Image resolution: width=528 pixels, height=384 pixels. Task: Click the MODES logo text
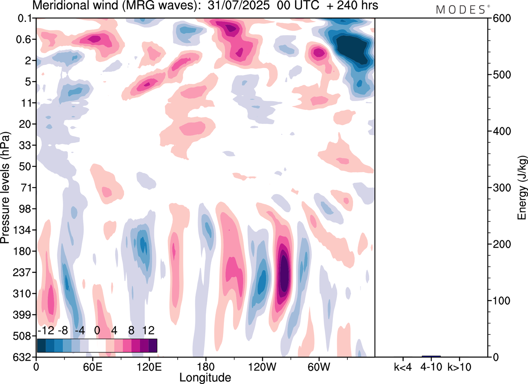(460, 10)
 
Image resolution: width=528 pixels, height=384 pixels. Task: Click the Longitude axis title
(205, 377)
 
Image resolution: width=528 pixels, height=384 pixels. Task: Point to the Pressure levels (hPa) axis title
(5, 188)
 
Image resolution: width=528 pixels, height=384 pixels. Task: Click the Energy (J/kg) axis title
(522, 188)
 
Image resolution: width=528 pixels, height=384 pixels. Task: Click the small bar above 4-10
(431, 356)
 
